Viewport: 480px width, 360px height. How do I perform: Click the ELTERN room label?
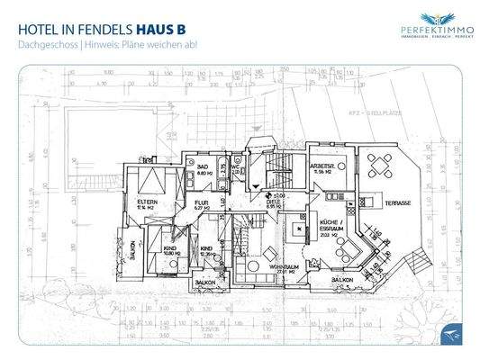point(147,202)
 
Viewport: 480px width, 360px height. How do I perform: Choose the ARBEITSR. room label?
point(322,167)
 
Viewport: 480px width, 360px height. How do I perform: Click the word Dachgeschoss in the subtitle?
point(48,46)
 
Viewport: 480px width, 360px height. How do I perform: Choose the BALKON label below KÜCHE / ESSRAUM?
point(341,281)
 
